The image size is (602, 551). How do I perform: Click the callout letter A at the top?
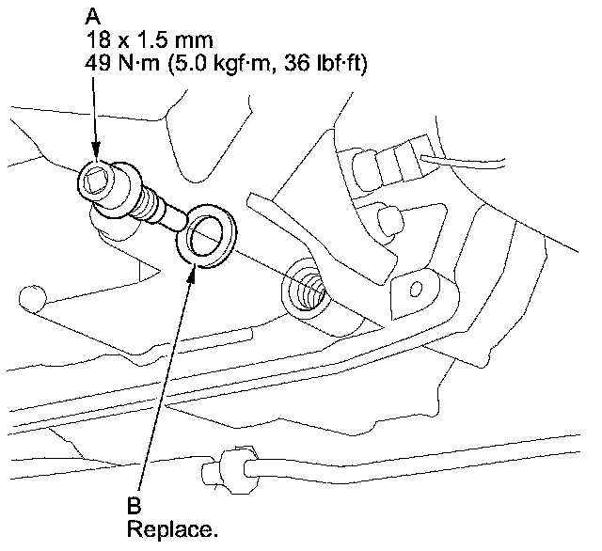[93, 17]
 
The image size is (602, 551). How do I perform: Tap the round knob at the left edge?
[31, 299]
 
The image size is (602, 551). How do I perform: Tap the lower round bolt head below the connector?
[383, 221]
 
